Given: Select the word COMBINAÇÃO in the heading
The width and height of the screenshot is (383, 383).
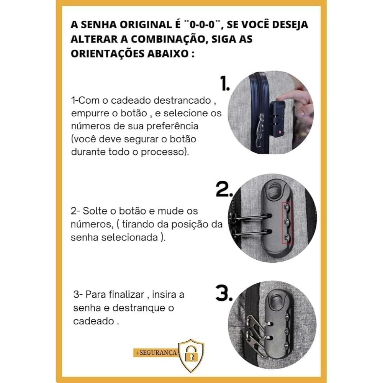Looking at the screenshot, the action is click(167, 39).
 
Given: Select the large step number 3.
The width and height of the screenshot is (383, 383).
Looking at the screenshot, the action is click(224, 293).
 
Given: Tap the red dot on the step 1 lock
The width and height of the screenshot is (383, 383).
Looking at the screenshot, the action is click(280, 132).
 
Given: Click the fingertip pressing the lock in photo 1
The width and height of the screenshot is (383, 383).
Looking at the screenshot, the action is click(281, 97).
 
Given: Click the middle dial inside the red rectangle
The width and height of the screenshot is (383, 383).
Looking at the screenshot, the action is click(287, 222).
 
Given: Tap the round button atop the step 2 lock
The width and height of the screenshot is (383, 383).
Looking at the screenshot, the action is click(276, 190).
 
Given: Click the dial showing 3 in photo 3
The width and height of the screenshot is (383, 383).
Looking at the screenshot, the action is click(287, 317).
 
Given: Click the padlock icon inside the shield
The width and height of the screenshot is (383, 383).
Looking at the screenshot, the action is click(191, 354).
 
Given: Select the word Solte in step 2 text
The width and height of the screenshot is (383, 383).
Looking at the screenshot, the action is click(94, 211).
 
